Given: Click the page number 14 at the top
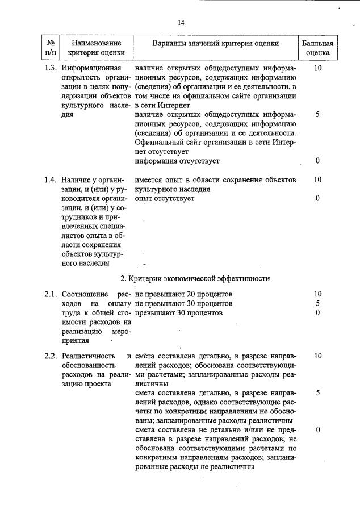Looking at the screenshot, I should click(181, 23).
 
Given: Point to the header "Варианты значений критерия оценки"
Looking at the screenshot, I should click(216, 43).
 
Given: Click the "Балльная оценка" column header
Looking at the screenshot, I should click(317, 48).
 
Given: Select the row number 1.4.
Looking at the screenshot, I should click(51, 180).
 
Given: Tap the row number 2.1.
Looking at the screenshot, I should click(51, 294).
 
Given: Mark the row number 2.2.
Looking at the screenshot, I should click(51, 356).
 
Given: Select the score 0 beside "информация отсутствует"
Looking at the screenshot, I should click(317, 161).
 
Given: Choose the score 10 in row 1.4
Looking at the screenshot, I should click(317, 180).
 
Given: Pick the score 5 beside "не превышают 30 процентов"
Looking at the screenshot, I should click(317, 303).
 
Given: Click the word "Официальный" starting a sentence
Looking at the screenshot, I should click(161, 143).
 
